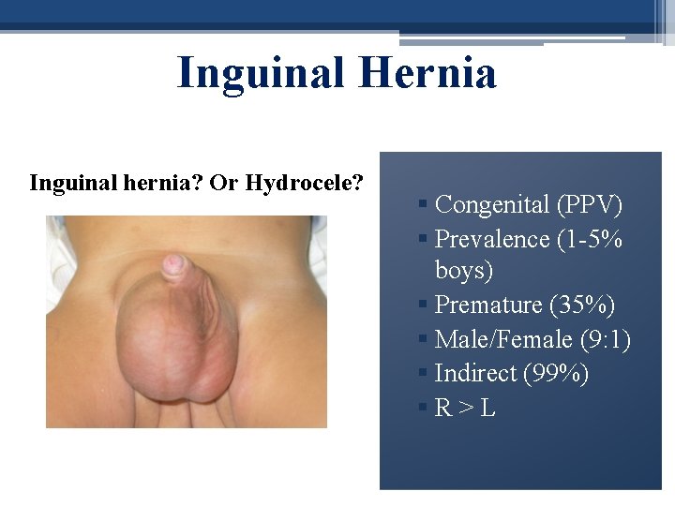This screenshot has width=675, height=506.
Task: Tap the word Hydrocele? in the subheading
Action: [305, 182]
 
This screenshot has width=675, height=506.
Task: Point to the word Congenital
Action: [493, 204]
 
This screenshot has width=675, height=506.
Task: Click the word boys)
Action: [464, 271]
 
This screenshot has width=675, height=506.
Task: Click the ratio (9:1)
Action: [605, 338]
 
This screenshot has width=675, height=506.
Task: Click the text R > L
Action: [465, 408]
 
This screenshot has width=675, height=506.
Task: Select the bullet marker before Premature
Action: [425, 305]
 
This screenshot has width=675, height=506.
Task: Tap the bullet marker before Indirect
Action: [425, 374]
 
